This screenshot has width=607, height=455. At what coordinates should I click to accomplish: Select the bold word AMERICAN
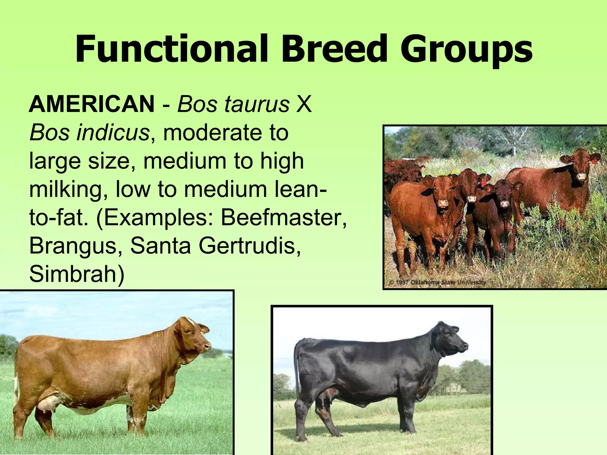(92, 105)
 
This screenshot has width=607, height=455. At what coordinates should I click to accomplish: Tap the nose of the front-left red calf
(444, 203)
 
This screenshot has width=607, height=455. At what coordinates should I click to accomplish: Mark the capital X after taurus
(304, 105)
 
